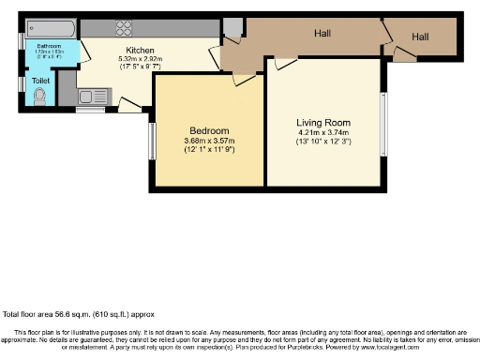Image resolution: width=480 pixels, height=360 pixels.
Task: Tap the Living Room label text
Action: click(x=322, y=123)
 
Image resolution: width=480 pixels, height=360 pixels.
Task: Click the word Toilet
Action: click(x=41, y=82)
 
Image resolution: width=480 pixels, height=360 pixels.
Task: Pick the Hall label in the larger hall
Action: click(x=322, y=34)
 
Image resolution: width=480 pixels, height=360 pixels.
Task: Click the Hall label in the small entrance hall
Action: click(x=419, y=37)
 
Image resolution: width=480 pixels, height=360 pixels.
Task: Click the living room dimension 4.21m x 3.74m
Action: click(x=322, y=133)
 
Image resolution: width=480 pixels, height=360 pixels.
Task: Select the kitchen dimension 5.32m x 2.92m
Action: click(x=141, y=60)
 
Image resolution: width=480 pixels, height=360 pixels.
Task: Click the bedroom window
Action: click(x=153, y=142)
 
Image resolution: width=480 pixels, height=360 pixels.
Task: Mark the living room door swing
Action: click(x=282, y=64)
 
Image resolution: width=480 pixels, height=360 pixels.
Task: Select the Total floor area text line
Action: click(x=79, y=315)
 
